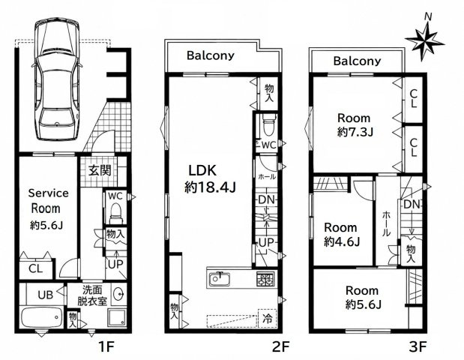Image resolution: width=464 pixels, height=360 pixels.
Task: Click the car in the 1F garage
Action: (x=57, y=79)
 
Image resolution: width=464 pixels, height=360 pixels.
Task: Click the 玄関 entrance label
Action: (x=100, y=171)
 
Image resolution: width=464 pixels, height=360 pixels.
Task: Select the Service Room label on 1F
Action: (x=47, y=201)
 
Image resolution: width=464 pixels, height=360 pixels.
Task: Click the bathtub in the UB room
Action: (x=41, y=317)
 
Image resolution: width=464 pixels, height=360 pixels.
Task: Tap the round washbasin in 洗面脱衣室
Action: (x=120, y=294)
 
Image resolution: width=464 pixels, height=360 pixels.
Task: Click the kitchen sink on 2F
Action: (x=220, y=280)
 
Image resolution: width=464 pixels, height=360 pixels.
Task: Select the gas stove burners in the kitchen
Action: (x=265, y=279)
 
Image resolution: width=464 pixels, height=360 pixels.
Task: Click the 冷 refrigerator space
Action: (x=267, y=319)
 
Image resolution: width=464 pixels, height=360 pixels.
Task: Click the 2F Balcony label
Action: (x=211, y=55)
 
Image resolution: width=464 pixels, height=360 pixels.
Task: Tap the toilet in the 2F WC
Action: (x=269, y=125)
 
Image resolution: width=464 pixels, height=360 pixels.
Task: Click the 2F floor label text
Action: (x=280, y=346)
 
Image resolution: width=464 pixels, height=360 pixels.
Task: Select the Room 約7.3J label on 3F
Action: (x=355, y=125)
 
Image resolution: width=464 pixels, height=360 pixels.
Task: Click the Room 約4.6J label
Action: (x=341, y=235)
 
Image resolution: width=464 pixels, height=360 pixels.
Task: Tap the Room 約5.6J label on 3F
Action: (x=363, y=297)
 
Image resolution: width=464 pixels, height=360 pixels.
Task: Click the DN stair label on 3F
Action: (x=412, y=204)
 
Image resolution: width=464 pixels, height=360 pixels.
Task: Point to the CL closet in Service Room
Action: (x=35, y=268)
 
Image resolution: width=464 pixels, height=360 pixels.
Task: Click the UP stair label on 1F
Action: (x=115, y=264)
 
